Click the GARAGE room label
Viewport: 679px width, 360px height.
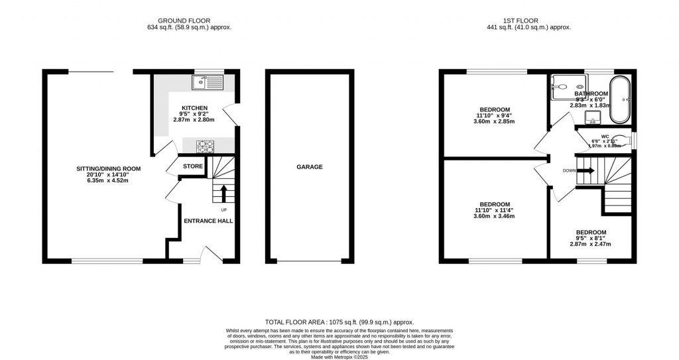[309, 167]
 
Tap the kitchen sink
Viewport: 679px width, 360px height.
[208, 82]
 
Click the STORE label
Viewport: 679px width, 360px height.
[193, 166]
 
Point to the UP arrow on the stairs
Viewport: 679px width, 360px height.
[223, 193]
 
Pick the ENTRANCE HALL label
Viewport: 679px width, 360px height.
[208, 221]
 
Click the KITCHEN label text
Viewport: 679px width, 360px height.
[195, 108]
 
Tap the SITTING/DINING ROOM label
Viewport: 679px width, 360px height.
[108, 168]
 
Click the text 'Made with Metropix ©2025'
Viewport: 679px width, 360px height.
[339, 357]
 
